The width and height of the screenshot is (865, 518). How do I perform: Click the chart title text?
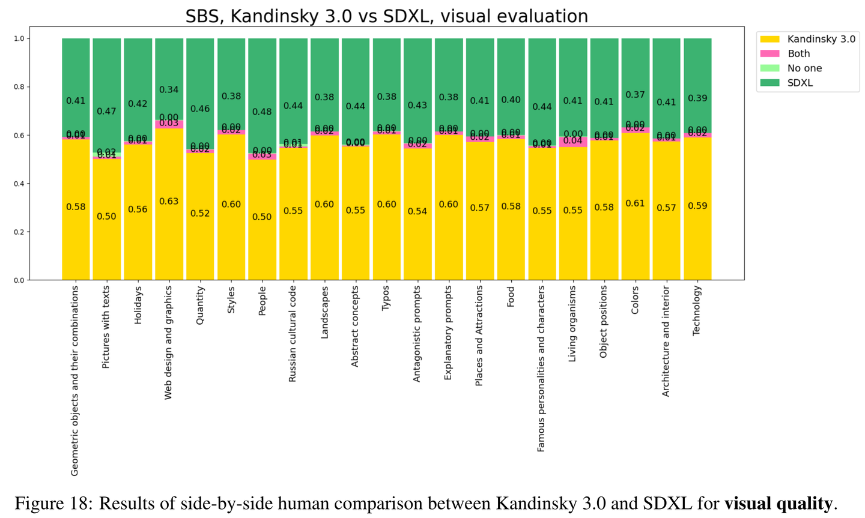pyautogui.click(x=386, y=16)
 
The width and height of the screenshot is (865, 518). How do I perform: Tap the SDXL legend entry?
pyautogui.click(x=800, y=83)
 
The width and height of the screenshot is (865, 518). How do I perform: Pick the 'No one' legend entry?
pyautogui.click(x=804, y=68)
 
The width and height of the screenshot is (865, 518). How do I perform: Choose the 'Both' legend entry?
pyautogui.click(x=798, y=53)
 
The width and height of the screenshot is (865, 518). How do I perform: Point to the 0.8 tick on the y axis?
pyautogui.click(x=20, y=87)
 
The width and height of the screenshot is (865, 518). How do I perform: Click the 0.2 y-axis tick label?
pyautogui.click(x=20, y=232)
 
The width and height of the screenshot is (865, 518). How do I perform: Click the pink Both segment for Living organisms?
pyautogui.click(x=572, y=142)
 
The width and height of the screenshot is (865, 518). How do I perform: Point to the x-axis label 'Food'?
pyautogui.click(x=511, y=297)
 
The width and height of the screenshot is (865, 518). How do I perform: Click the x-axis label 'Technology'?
pyautogui.click(x=697, y=310)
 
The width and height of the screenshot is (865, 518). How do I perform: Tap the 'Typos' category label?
pyautogui.click(x=386, y=298)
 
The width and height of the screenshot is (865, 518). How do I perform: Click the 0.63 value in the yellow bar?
pyautogui.click(x=169, y=202)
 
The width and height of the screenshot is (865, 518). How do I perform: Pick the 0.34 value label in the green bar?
pyautogui.click(x=169, y=90)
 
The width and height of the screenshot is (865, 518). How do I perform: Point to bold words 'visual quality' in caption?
pyautogui.click(x=778, y=503)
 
